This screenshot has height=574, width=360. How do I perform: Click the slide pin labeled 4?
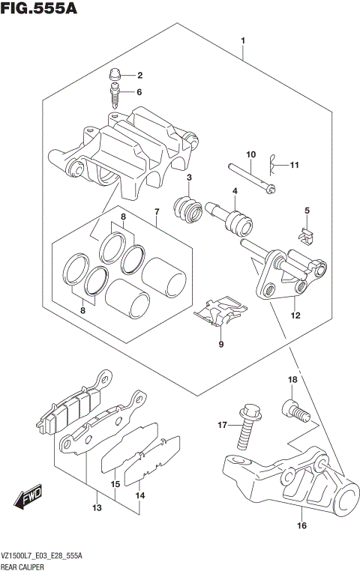[229, 217]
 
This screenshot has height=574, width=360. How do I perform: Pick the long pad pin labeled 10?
[250, 176]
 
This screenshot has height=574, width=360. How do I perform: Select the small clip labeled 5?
[305, 236]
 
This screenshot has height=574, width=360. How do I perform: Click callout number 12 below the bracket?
[295, 316]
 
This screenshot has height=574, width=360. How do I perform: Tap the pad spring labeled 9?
[221, 313]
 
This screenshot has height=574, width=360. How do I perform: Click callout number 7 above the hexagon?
[156, 211]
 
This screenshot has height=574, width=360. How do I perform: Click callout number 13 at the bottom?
[96, 509]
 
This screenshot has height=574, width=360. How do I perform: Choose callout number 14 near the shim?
[139, 495]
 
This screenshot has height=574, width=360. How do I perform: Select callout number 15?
[115, 485]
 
